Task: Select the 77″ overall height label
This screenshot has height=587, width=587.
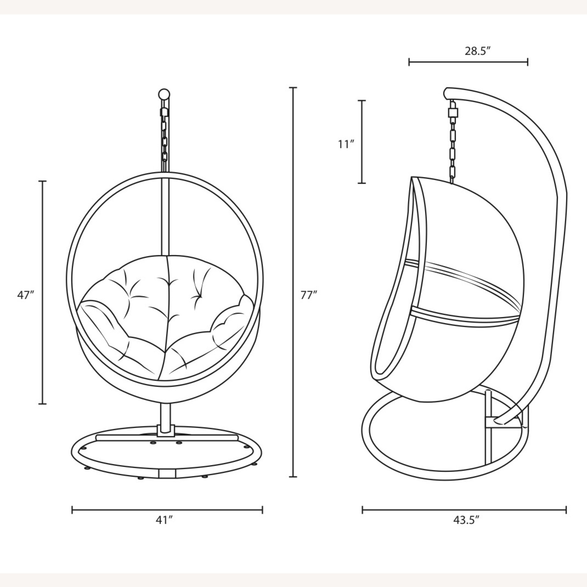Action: click(308, 295)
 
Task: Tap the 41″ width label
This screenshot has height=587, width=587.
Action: click(164, 520)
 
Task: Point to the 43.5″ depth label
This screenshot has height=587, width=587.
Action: click(466, 520)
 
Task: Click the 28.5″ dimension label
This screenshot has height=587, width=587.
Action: click(477, 51)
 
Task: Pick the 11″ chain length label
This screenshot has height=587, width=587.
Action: click(346, 144)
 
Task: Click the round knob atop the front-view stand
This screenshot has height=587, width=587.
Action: click(164, 94)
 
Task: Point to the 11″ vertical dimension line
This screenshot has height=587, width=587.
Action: click(362, 142)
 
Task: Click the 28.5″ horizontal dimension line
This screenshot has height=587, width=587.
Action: click(468, 62)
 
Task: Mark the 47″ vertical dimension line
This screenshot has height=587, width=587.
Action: click(43, 292)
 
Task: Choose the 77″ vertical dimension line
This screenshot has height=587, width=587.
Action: click(293, 282)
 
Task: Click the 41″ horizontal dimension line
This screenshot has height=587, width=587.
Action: click(167, 510)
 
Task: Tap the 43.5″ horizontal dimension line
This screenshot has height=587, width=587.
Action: click(464, 510)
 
